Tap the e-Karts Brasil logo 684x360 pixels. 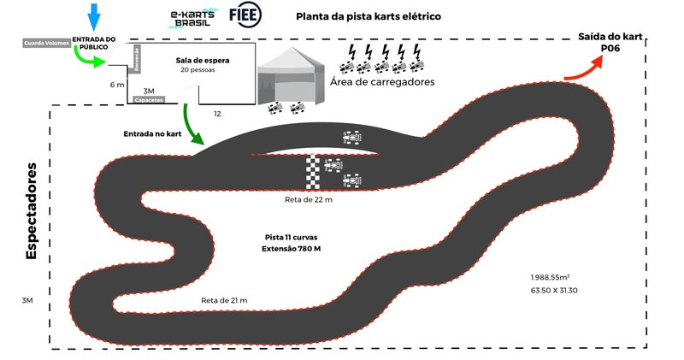tap(192, 18)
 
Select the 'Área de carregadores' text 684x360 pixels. tap(382, 82)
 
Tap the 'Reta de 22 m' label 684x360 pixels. tap(309, 199)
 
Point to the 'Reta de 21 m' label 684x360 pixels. tap(224, 300)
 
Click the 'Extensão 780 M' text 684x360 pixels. tap(292, 248)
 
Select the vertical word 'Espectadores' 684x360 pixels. tap(32, 210)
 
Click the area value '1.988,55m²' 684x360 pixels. tap(550, 278)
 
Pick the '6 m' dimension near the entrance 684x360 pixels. tap(117, 86)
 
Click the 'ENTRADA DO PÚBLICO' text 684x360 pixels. tap(94, 44)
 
